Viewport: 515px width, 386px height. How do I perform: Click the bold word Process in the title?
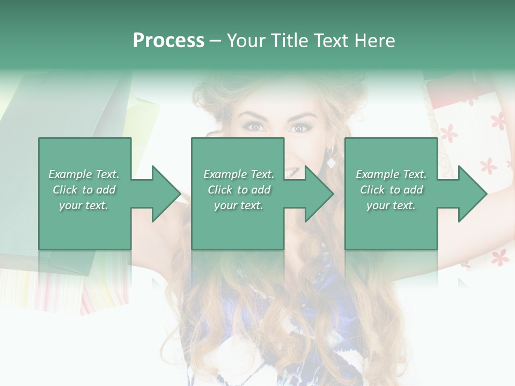(168, 41)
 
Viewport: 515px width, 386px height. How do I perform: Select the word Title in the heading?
(290, 41)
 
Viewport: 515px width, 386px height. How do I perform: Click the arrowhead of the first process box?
(166, 194)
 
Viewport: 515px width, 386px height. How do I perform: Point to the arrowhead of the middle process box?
(319, 194)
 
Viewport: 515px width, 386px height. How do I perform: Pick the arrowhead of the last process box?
(472, 194)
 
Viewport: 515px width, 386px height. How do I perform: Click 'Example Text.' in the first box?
(84, 174)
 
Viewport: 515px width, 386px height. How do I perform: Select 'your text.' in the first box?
(84, 205)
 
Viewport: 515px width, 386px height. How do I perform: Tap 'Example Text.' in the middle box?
(239, 174)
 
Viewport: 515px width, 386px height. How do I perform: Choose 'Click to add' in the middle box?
(239, 190)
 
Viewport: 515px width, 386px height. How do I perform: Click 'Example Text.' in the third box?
(391, 174)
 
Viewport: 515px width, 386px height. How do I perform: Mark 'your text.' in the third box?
(391, 205)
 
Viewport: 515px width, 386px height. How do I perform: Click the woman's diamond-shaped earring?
(331, 162)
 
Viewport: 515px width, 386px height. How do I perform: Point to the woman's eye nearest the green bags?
(254, 127)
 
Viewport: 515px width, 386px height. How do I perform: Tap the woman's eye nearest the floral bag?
(298, 128)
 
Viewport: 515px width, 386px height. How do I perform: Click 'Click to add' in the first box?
(84, 190)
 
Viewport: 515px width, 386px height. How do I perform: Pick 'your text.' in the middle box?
(239, 205)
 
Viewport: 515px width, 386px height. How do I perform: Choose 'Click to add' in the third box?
(391, 190)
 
